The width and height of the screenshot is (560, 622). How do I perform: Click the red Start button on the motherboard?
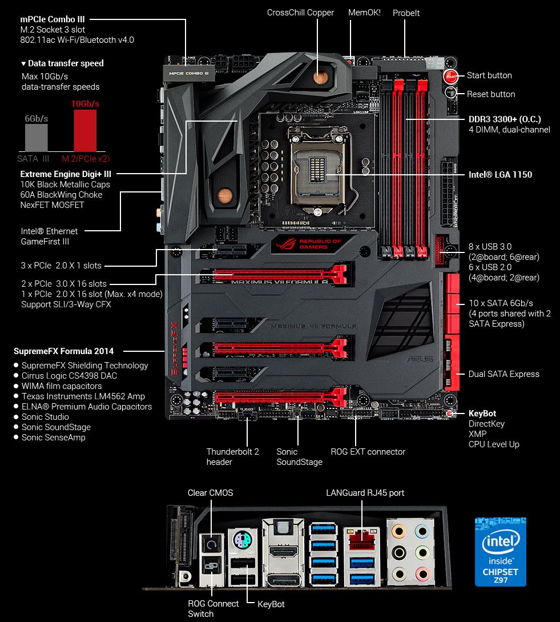click(x=450, y=76)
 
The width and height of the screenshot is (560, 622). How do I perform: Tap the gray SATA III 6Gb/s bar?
click(x=36, y=137)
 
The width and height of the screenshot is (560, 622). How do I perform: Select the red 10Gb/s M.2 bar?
click(x=85, y=130)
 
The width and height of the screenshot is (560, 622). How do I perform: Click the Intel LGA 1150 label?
click(x=500, y=174)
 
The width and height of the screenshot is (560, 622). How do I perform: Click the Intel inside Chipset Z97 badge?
click(x=501, y=551)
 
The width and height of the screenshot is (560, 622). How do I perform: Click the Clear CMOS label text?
click(x=210, y=492)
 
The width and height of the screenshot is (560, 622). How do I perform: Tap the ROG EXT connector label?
click(x=368, y=452)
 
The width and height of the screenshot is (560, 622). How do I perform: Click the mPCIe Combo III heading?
click(x=52, y=19)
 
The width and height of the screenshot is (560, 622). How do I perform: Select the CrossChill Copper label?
click(x=300, y=13)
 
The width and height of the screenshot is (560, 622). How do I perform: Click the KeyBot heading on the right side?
click(x=482, y=414)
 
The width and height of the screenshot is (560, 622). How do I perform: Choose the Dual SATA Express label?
click(x=503, y=374)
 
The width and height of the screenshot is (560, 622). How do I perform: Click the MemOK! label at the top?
click(x=364, y=12)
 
